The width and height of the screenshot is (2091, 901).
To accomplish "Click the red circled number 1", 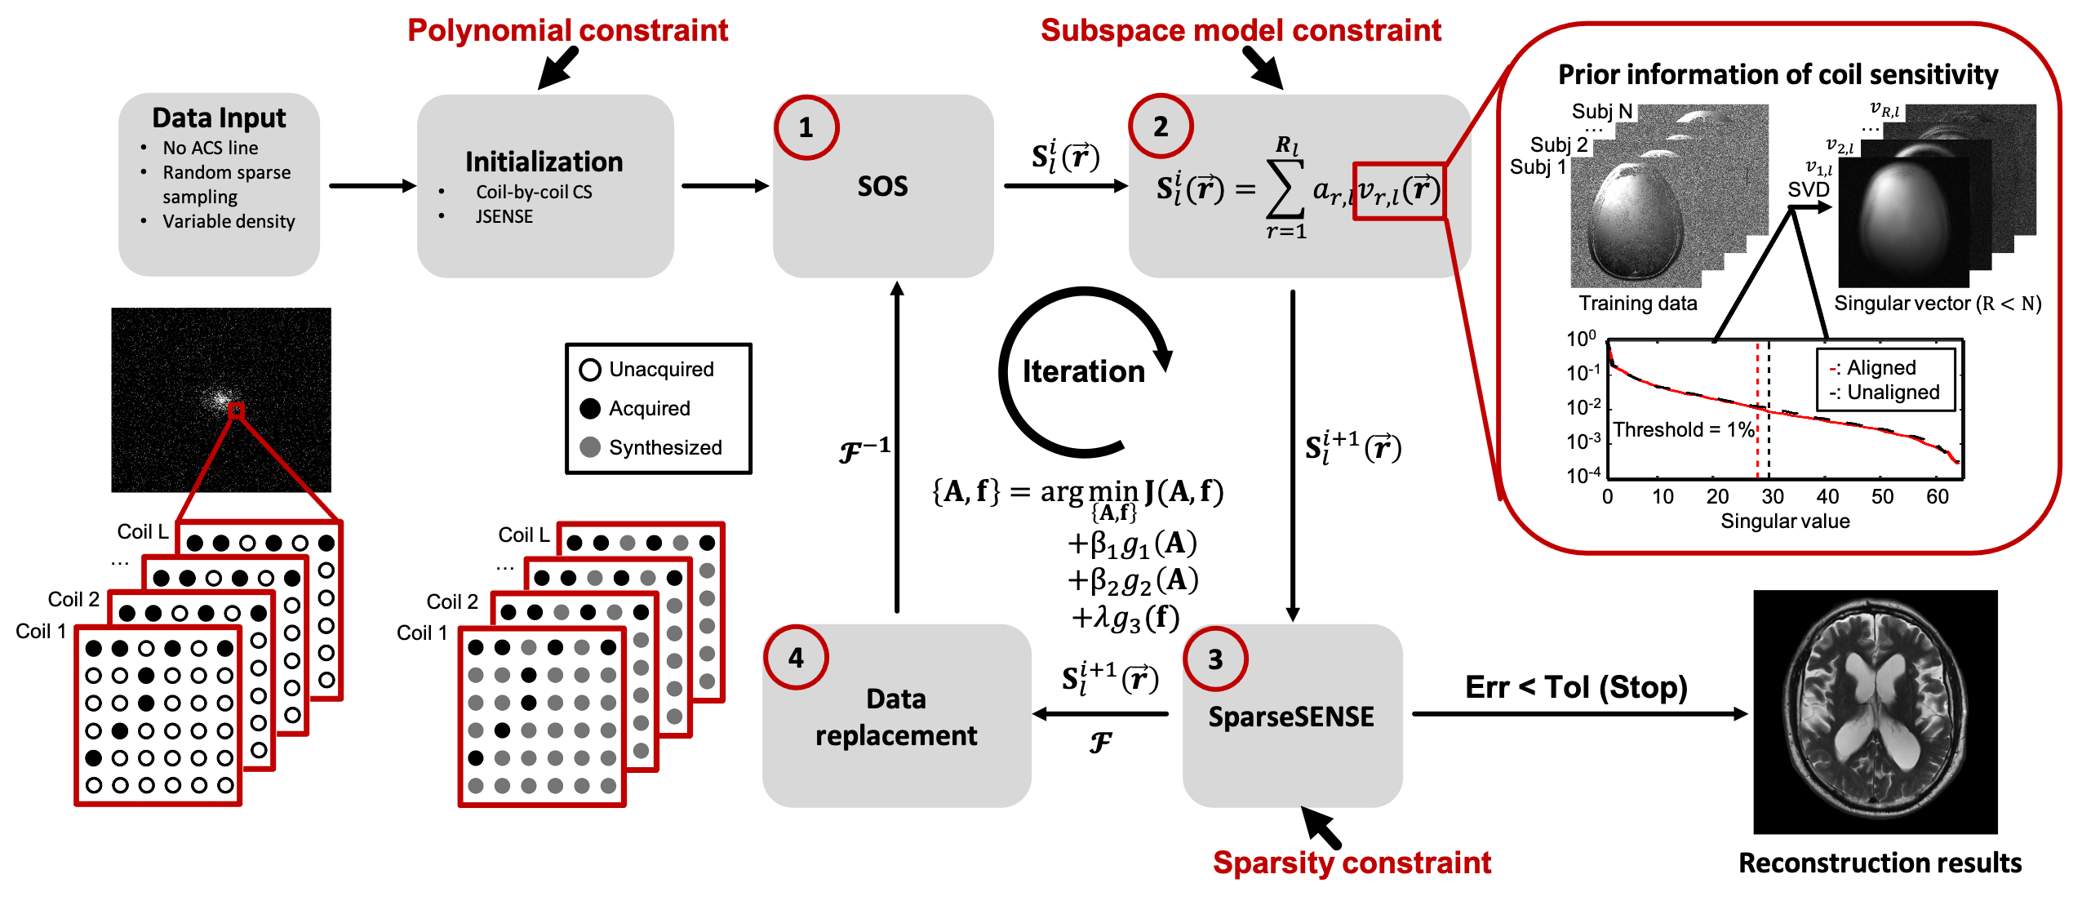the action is coord(806,127).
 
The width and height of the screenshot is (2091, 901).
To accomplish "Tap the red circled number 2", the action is coord(1161,126).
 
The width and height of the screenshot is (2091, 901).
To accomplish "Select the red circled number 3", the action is coord(1215,659).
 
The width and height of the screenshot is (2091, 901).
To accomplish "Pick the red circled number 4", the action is coord(796,658).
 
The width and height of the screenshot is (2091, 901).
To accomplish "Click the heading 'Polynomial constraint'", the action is coord(567,30).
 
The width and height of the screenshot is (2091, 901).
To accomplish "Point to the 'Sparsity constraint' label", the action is coord(1352,863).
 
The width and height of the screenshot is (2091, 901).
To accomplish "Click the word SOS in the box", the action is coord(882,186).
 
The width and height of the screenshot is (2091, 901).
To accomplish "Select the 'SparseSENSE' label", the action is coord(1291,717).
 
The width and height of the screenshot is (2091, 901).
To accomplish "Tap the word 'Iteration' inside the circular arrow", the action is coord(1083,371).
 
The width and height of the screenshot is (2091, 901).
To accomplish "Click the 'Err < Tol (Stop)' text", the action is coord(1576,687).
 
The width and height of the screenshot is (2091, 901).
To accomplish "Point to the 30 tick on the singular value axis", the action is coord(1772,496).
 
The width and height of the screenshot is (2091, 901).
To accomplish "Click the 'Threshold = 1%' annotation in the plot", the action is coord(1683,429).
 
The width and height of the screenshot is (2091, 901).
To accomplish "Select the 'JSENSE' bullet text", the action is coord(504,216).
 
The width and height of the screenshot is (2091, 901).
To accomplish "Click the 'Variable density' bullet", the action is coord(229,221).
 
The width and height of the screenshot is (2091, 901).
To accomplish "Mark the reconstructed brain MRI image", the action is coord(1876,712).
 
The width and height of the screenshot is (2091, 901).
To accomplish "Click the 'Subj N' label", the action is coord(1602,111).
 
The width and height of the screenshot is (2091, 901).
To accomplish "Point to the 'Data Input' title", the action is coord(219,118).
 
